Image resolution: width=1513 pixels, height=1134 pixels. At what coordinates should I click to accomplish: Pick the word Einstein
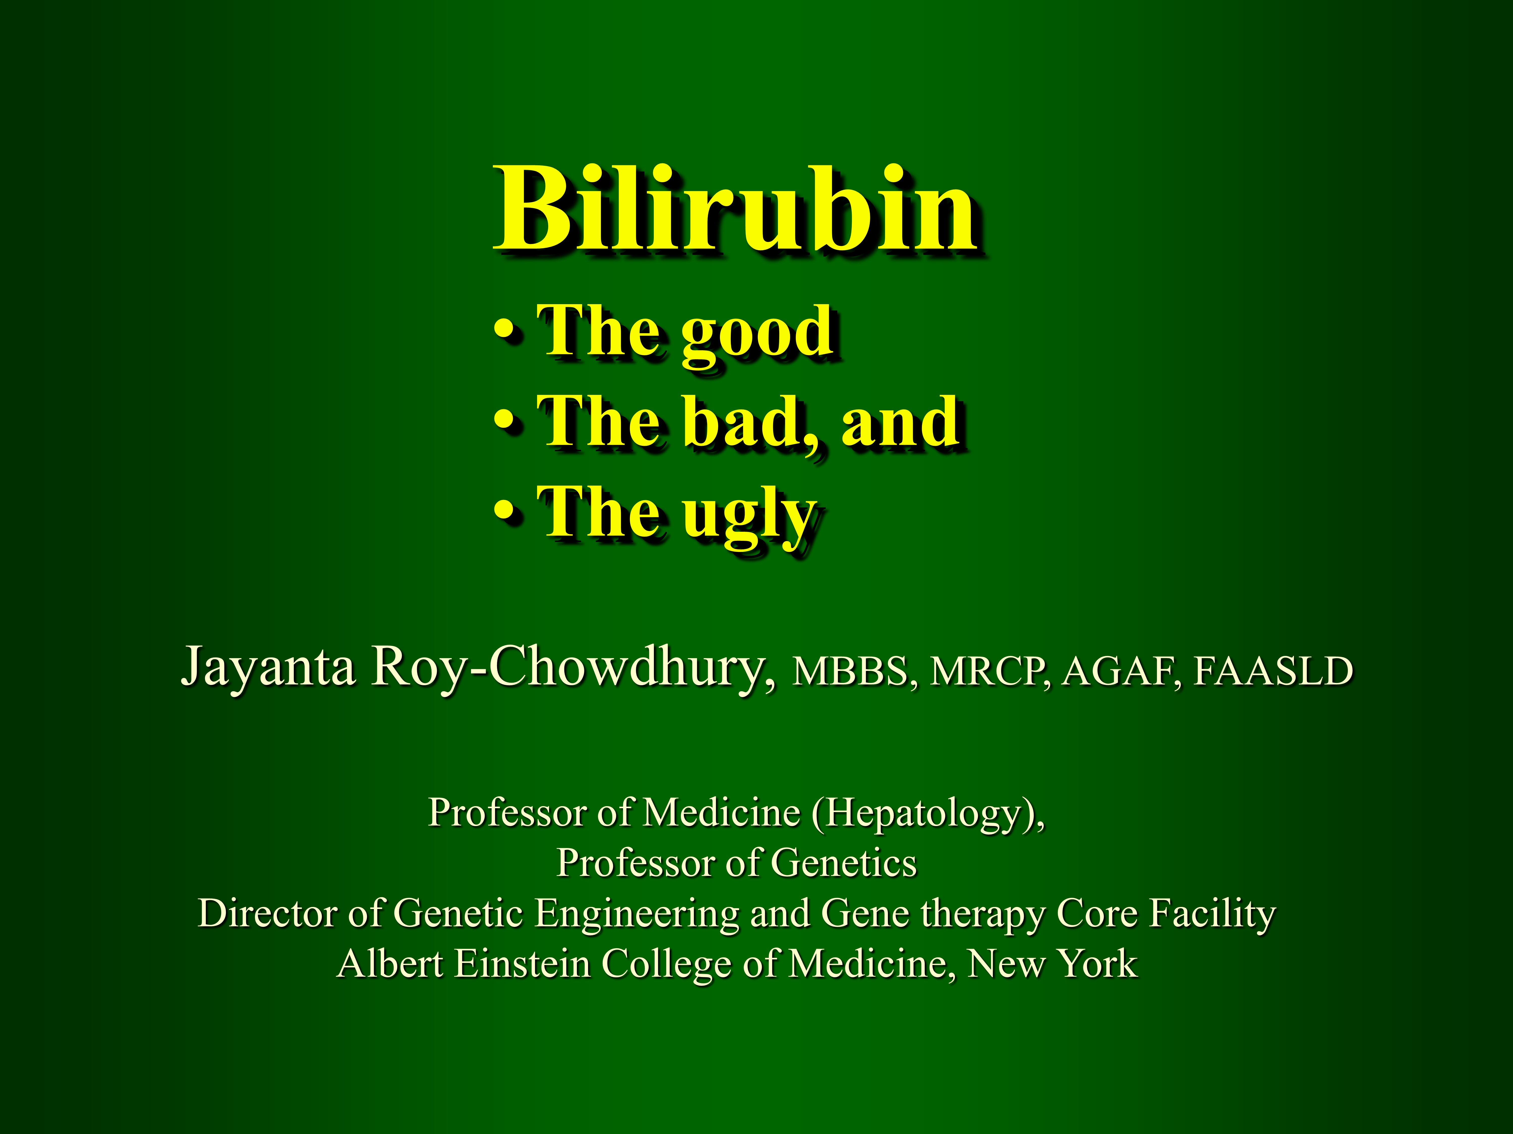point(522,964)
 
